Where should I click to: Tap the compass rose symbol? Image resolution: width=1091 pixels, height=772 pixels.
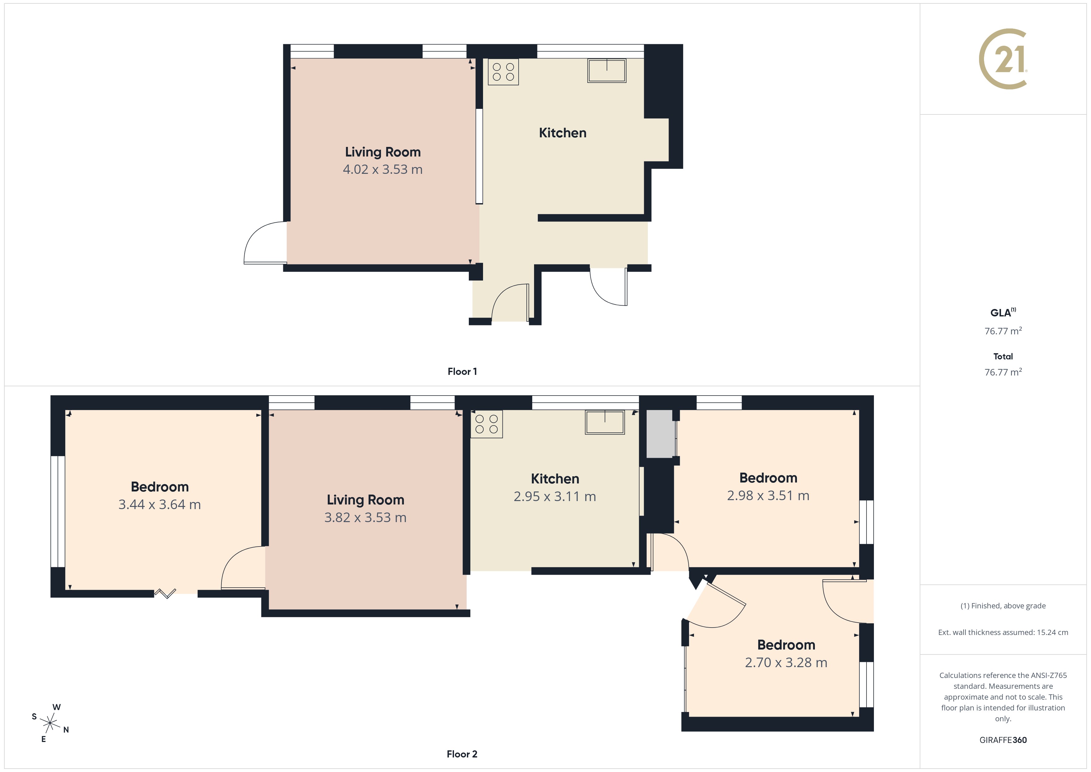point(50,723)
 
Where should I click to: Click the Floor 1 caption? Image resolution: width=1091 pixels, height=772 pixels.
point(462,371)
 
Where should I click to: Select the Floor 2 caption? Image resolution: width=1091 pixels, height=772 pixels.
point(462,754)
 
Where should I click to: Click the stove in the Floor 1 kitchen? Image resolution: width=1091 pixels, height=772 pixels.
point(503,72)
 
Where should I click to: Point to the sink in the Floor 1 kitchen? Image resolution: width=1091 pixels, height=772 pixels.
point(607,70)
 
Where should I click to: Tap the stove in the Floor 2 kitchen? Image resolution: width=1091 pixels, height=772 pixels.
point(486,424)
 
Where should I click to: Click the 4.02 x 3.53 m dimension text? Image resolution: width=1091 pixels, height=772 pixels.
point(383,169)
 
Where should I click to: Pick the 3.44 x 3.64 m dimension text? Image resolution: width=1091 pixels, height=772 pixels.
point(160,504)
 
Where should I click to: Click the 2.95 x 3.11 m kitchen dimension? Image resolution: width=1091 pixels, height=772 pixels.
point(554,496)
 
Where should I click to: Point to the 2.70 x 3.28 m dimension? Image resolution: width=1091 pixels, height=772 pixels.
point(786,663)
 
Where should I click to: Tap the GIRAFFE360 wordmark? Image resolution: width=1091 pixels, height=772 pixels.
point(1003,740)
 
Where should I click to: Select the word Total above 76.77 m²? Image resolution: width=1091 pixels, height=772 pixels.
point(1003,357)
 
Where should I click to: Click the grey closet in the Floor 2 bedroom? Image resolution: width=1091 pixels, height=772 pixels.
point(660,434)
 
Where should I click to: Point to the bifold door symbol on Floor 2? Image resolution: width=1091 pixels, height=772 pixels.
point(165,593)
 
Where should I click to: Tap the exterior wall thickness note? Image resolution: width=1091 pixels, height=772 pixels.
point(1003,632)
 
